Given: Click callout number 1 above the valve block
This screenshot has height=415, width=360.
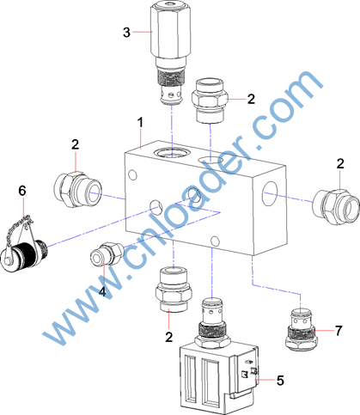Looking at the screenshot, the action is pos(140,123).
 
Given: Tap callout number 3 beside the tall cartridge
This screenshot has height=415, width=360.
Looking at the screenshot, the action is pos(126,32).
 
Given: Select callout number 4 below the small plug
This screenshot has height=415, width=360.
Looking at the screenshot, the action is pos(102,292).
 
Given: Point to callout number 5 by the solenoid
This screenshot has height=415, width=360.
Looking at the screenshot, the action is pos(280,381).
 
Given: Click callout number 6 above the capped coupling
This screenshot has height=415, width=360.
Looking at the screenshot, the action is pos(22,191).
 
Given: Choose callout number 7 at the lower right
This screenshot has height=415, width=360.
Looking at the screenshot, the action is pos(339,331).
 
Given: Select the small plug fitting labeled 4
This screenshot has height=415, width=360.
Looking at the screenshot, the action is pos(107,253).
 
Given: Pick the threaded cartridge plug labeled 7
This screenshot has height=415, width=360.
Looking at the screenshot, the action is pos(302,329).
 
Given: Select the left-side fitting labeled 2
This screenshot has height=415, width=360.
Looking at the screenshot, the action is pos(77,189).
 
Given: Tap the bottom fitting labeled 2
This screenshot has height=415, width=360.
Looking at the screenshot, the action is pos(174,290).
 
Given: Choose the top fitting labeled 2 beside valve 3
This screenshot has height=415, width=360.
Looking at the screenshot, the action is pos(210,101).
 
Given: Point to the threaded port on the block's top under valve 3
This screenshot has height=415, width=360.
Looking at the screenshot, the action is pos(172,153).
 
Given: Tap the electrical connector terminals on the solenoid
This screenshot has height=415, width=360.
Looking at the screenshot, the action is pos(248,372).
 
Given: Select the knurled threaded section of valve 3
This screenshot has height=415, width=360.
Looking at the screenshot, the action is pos(171,78).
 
